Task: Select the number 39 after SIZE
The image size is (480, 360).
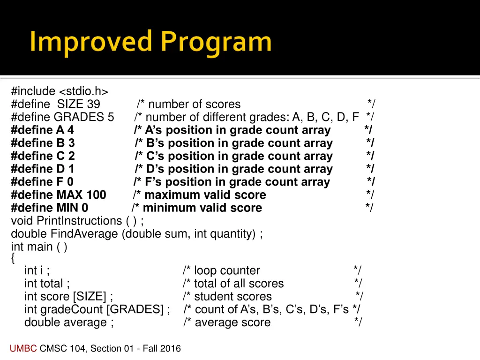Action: pyautogui.click(x=93, y=104)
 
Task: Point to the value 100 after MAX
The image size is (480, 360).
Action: pyautogui.click(x=96, y=195)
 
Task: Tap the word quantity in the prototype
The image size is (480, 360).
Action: pyautogui.click(x=233, y=233)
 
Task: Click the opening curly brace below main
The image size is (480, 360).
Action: pyautogui.click(x=13, y=257)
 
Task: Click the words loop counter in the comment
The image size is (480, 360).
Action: pyautogui.click(x=227, y=270)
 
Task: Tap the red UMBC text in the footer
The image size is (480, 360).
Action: pyautogui.click(x=23, y=348)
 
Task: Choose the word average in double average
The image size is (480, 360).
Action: pyautogui.click(x=85, y=322)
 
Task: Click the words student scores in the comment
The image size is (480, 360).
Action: pyautogui.click(x=233, y=296)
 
